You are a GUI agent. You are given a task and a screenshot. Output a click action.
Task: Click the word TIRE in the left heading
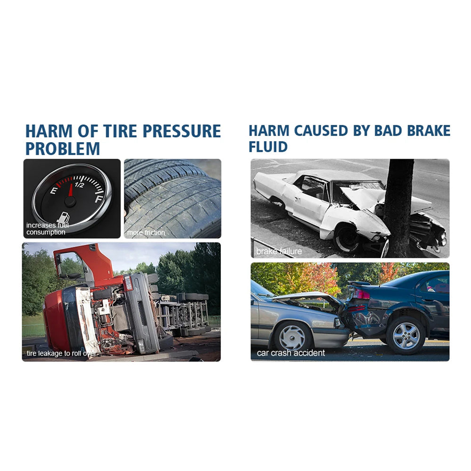pyautogui.click(x=121, y=131)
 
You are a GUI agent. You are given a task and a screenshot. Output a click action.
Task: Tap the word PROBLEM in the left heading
pyautogui.click(x=63, y=149)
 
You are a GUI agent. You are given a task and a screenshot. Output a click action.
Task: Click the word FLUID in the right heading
pyautogui.click(x=268, y=147)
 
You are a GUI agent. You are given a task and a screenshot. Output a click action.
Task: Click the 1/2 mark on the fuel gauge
pyautogui.click(x=79, y=185)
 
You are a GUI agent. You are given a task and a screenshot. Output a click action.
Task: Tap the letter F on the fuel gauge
pyautogui.click(x=98, y=199)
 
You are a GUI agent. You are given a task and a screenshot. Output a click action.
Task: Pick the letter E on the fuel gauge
pyautogui.click(x=54, y=190)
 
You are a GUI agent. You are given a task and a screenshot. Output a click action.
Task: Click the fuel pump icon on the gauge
pyautogui.click(x=64, y=217)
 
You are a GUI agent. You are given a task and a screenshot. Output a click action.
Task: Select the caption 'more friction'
pyautogui.click(x=146, y=233)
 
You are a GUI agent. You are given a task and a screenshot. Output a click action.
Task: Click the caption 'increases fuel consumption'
pyautogui.click(x=47, y=228)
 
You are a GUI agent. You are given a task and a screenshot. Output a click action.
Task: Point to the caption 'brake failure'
pyautogui.click(x=279, y=251)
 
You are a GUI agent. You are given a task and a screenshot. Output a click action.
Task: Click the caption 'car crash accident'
pyautogui.click(x=291, y=353)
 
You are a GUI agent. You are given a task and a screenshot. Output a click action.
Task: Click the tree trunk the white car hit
pyautogui.click(x=398, y=208)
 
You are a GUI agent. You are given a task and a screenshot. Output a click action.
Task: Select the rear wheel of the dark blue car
pyautogui.click(x=406, y=335)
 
